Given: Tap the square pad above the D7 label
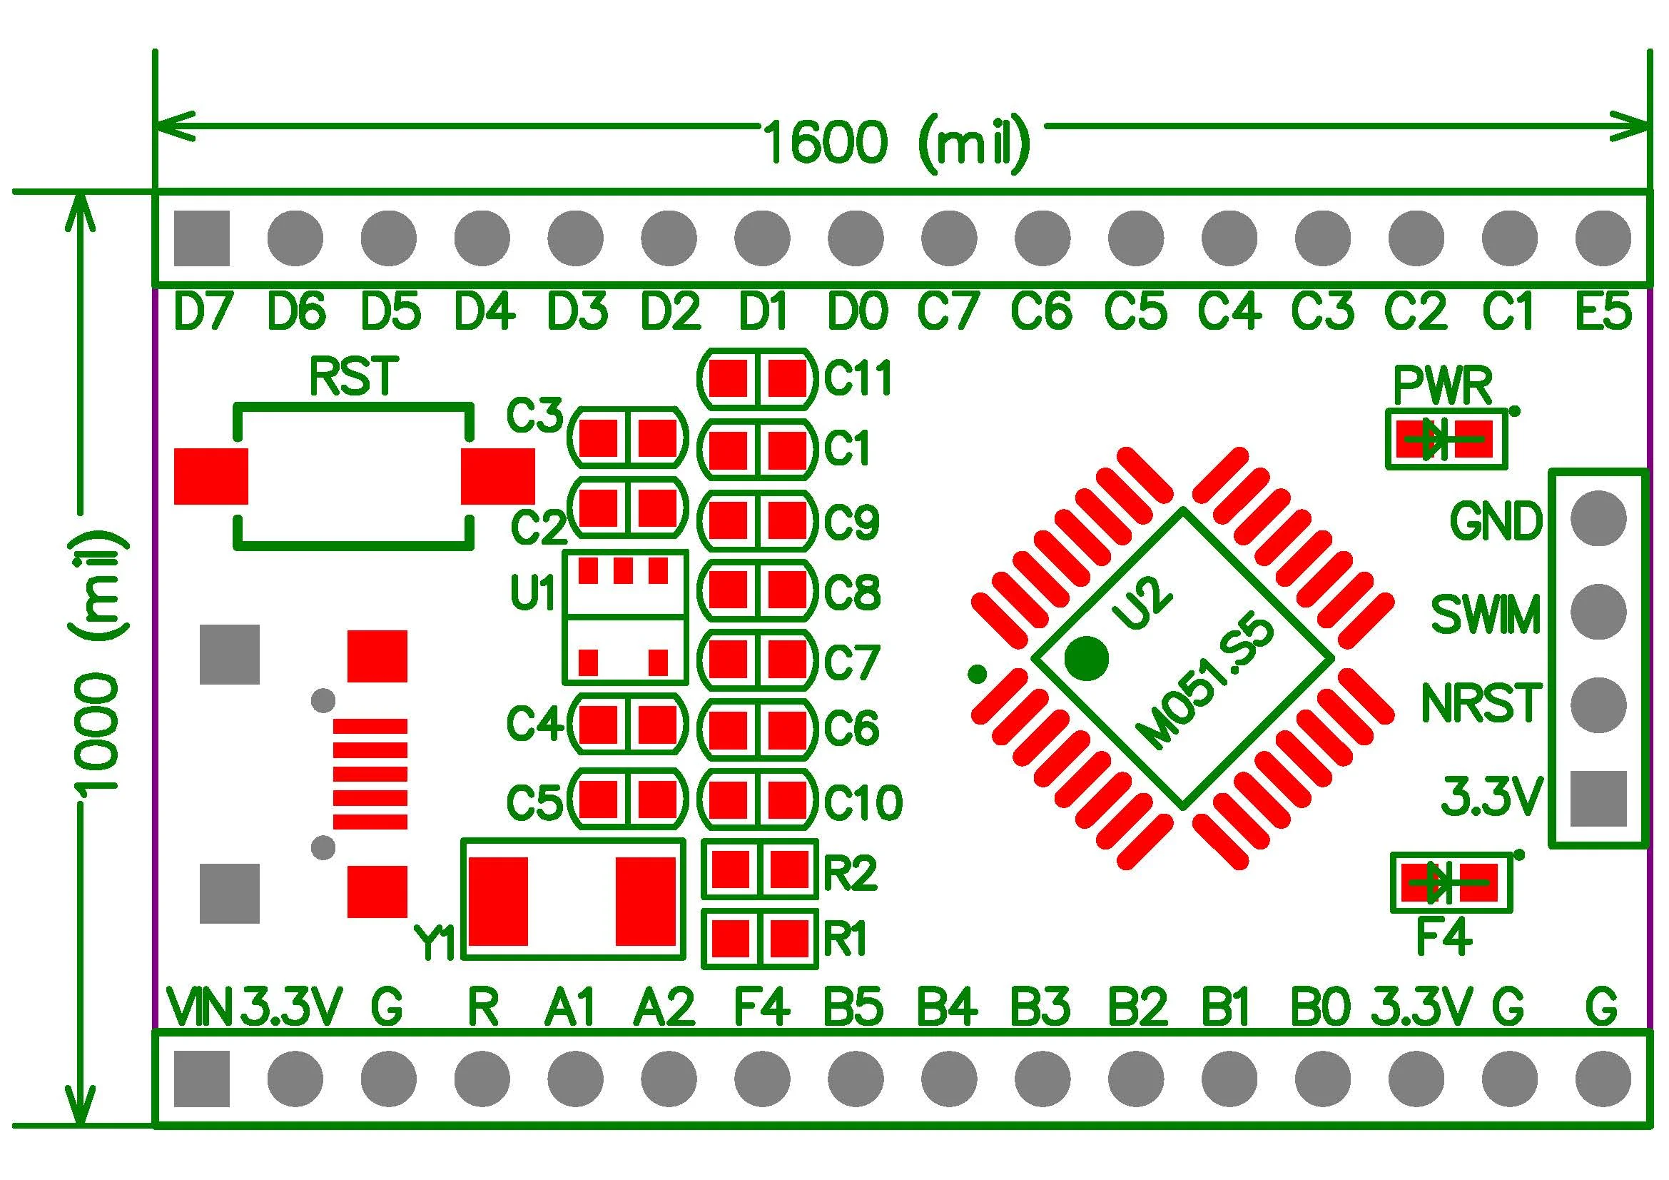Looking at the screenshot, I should [201, 238].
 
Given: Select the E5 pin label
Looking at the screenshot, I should [1603, 311].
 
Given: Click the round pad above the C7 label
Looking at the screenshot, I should [948, 238].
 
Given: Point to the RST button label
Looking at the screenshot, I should [353, 377].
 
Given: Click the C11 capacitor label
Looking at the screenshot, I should [858, 378].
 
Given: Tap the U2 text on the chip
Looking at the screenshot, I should [1141, 602].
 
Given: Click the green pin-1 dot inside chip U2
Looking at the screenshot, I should [1086, 658].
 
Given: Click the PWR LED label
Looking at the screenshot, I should [1442, 386].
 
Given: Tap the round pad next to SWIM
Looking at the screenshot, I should [1598, 612].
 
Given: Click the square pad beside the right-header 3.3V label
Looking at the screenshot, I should [1598, 799].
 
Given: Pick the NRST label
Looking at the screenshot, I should [1481, 703].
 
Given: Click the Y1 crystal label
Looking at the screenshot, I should [434, 944].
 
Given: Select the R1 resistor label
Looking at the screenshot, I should [845, 939].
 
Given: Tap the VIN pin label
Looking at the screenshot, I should [198, 1007].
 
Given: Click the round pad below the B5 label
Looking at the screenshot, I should [856, 1078].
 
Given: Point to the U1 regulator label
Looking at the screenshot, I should [533, 592].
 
